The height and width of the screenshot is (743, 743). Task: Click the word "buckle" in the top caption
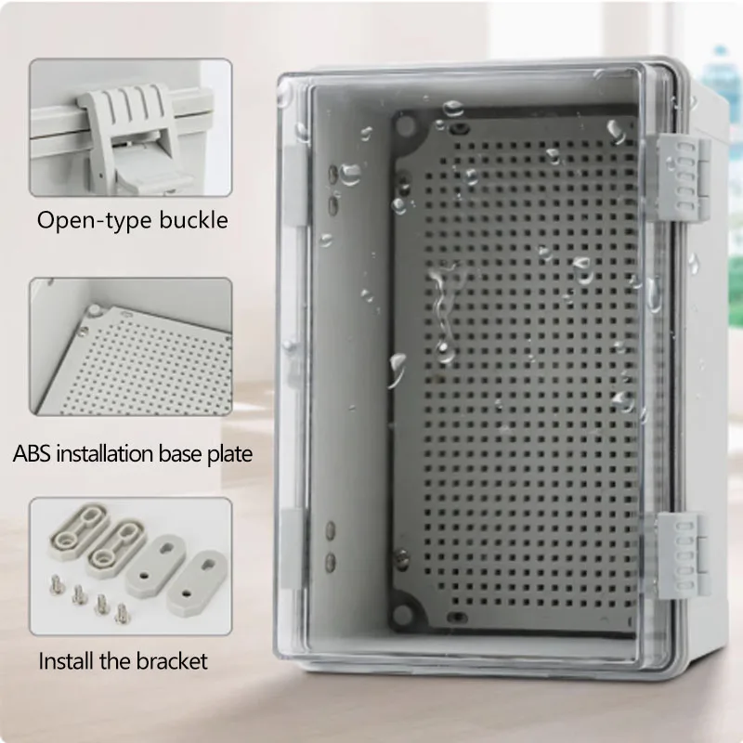[194, 220]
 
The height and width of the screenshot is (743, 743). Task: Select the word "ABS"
[32, 454]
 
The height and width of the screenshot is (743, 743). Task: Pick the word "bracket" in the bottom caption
[172, 662]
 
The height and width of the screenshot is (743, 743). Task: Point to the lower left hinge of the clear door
[293, 548]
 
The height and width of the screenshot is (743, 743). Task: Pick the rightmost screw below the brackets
[120, 612]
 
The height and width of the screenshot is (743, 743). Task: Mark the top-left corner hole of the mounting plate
[406, 131]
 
